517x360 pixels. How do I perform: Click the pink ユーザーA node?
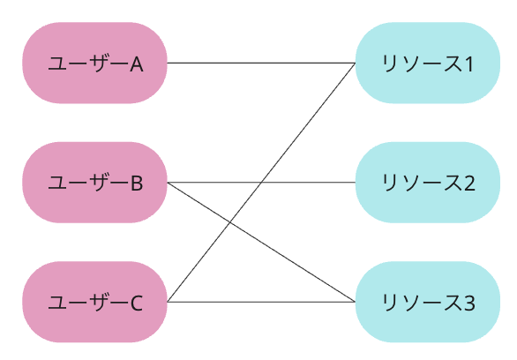[94, 63]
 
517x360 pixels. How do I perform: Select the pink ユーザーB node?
[94, 183]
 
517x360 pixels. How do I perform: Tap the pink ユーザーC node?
[94, 302]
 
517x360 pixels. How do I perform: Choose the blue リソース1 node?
[428, 63]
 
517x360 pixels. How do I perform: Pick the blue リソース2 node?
[428, 183]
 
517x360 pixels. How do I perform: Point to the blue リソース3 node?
[428, 302]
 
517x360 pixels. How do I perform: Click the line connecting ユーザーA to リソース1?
[261, 63]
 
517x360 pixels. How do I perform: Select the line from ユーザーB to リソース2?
[261, 183]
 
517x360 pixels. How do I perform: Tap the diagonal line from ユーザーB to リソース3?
[261, 242]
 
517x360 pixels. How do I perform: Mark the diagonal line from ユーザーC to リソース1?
[261, 183]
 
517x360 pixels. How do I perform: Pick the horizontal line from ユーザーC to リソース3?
[261, 302]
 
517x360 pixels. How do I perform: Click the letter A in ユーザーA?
[137, 64]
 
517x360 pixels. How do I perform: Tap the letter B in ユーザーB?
[137, 183]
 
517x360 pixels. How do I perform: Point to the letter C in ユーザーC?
[137, 303]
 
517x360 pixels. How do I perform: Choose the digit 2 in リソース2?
[469, 183]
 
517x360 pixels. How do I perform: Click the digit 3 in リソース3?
[469, 303]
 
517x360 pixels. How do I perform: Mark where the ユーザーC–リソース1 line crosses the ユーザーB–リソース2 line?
[261, 183]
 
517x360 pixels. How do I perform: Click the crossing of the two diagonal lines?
[229, 222]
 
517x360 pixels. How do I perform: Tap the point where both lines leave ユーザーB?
[168, 183]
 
